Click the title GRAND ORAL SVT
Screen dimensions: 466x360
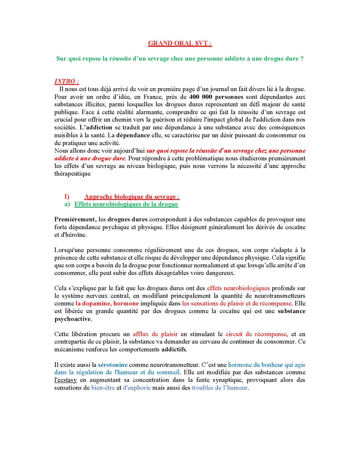pos(180,43)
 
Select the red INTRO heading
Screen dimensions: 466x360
pos(67,81)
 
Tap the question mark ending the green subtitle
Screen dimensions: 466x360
pos(302,59)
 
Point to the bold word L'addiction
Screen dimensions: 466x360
pos(96,127)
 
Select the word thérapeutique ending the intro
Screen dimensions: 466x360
pos(72,174)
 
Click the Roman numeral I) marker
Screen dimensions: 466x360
pos(67,197)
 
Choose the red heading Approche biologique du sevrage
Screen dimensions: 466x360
pos(132,197)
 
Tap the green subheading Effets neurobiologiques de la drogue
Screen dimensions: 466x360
pos(126,204)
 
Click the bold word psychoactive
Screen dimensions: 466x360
pos(72,319)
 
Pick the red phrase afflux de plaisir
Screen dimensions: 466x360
pos(155,334)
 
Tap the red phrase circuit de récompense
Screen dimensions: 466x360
pos(256,334)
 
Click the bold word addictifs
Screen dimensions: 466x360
pos(174,350)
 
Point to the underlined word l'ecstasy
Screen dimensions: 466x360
pos(66,380)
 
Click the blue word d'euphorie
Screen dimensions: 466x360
pos(137,388)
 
